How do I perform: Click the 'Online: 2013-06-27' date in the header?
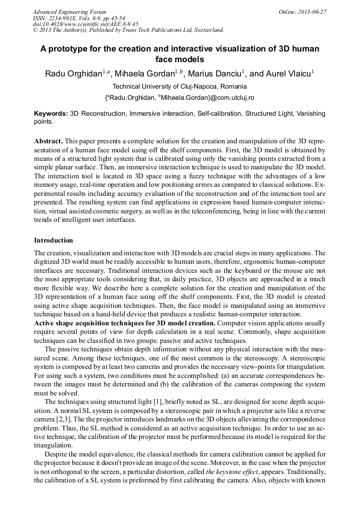point(302,11)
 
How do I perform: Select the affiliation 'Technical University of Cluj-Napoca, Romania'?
point(179,87)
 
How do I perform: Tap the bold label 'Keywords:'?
point(51,114)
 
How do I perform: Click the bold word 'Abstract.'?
point(48,142)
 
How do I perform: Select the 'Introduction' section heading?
point(53,240)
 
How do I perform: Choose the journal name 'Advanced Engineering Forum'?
point(69,11)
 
